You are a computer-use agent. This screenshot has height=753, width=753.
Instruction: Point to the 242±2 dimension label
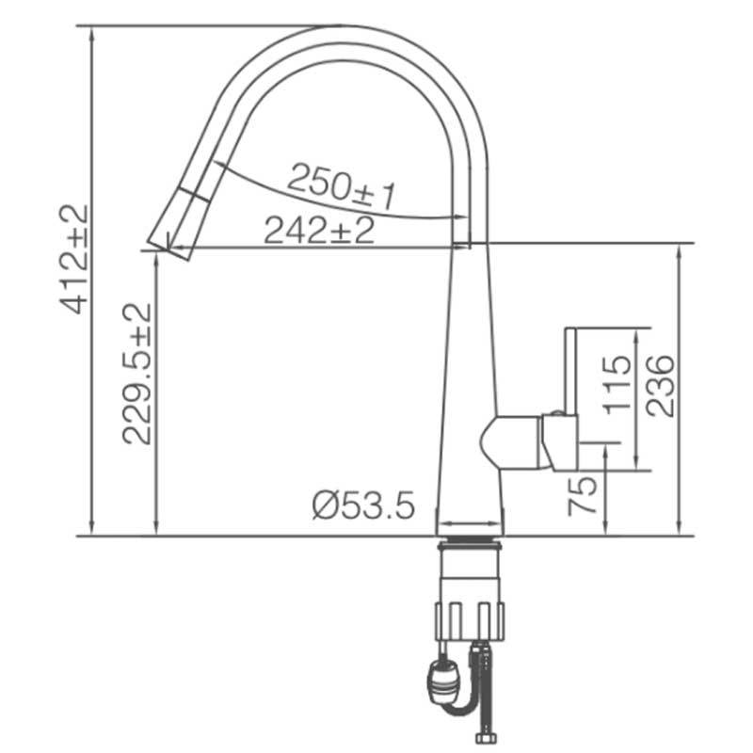click(x=319, y=229)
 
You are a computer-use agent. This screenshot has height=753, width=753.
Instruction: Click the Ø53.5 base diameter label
click(x=362, y=506)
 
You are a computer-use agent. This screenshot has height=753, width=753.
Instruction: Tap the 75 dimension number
click(x=584, y=493)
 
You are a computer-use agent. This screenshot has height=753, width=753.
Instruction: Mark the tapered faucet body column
click(x=470, y=376)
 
